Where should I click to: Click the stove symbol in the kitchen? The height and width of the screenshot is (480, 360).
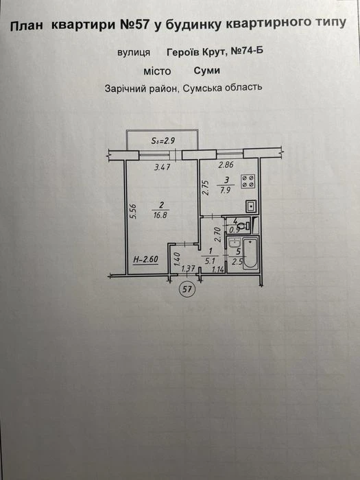tap(248, 181)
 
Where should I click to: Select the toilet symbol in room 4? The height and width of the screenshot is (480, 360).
tap(244, 226)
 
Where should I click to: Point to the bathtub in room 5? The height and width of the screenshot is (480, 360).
tap(250, 254)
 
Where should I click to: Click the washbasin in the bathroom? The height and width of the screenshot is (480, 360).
tap(235, 243)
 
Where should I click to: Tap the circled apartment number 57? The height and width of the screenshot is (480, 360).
tap(187, 289)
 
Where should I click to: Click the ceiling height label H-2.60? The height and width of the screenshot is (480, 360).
tap(145, 260)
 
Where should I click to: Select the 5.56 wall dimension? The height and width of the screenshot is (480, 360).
tap(133, 211)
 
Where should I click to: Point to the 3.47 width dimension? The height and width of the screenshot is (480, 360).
tap(162, 167)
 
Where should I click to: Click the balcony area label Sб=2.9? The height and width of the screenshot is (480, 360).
tap(163, 141)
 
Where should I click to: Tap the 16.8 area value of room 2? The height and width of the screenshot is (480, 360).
tap(160, 215)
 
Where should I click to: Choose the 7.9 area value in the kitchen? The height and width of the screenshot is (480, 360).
tap(225, 191)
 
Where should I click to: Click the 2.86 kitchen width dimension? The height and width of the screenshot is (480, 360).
tap(226, 165)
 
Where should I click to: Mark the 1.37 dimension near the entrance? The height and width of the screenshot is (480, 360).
tap(188, 269)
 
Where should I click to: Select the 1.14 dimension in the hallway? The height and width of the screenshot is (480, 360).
tap(218, 269)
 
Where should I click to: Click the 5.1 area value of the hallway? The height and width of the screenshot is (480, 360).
tap(210, 261)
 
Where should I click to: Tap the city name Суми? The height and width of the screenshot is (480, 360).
tap(206, 71)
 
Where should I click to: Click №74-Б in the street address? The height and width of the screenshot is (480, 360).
tap(246, 51)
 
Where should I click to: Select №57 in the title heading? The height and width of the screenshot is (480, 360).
tap(134, 25)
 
